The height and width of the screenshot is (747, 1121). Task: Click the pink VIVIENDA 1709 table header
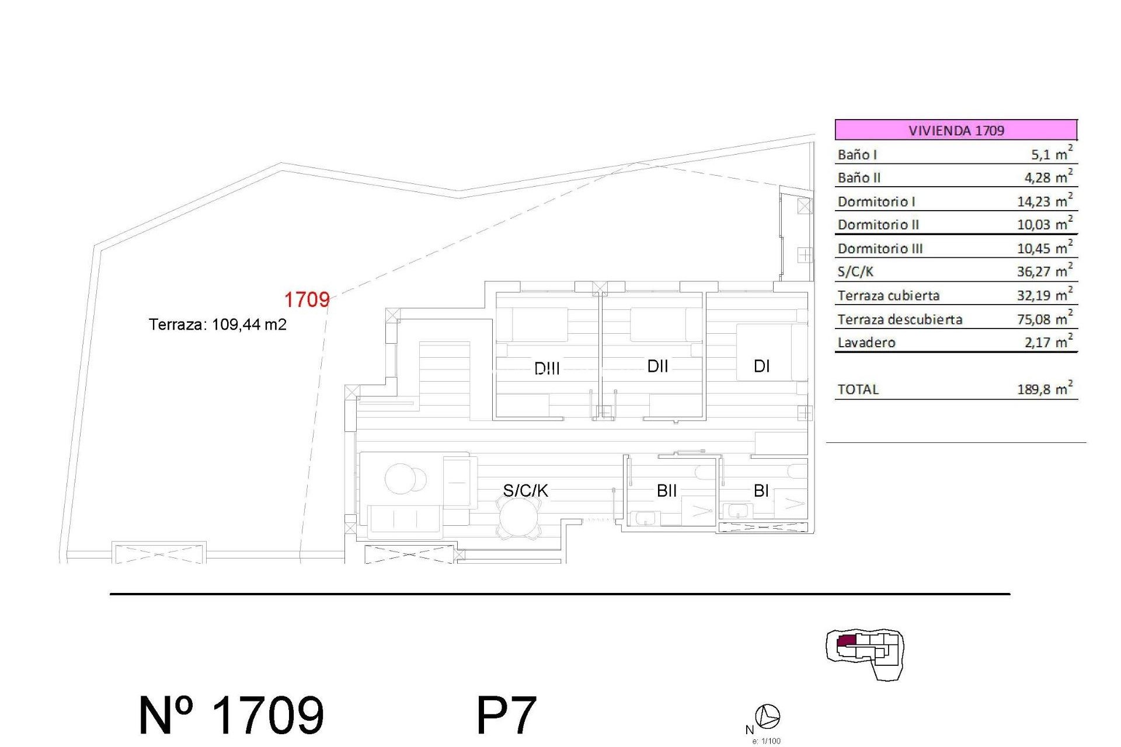pos(956,130)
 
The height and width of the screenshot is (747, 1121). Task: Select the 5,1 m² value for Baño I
pos(1051,155)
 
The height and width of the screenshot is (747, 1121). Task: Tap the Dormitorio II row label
pos(878,225)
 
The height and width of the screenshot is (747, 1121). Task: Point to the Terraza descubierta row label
pos(900,319)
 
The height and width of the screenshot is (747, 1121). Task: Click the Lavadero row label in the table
pos(866,343)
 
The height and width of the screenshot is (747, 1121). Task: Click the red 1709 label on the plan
pos(307,300)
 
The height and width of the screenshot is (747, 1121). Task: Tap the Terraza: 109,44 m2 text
pos(217,324)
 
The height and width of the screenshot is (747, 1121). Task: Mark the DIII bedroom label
pos(547,368)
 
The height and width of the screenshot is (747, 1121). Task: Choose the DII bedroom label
pos(657,366)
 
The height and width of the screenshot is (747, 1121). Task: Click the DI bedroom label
pos(761,366)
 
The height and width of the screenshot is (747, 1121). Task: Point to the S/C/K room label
pos(525,491)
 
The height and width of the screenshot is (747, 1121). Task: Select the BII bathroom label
pos(666,491)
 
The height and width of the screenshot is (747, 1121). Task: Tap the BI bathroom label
pos(761,491)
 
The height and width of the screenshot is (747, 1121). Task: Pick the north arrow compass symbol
pos(767,716)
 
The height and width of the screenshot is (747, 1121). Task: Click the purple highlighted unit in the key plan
pos(847,641)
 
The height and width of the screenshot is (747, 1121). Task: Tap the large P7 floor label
pos(506,715)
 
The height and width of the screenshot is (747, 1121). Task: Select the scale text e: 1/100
pos(766,741)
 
